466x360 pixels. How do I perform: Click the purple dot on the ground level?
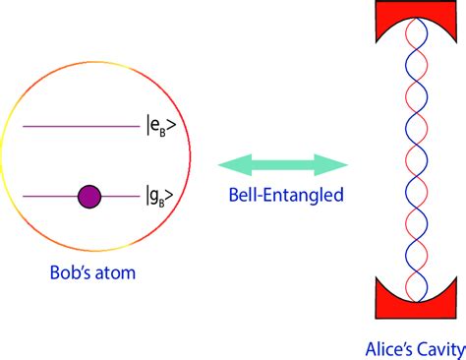89,196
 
